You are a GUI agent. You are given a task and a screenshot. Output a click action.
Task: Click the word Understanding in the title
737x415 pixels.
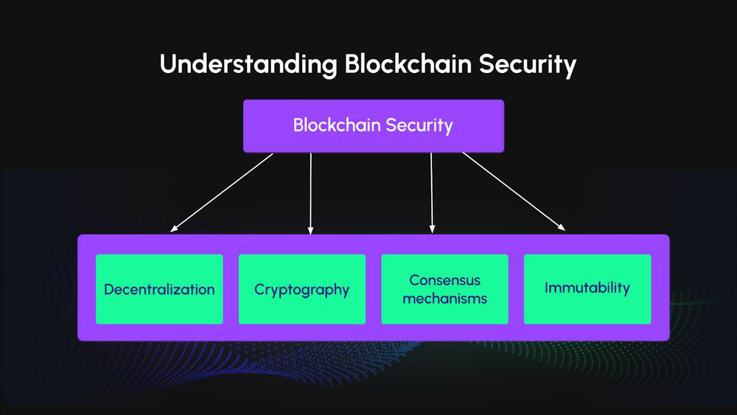click(x=248, y=65)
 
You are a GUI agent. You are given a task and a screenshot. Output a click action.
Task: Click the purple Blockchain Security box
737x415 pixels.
click(x=373, y=125)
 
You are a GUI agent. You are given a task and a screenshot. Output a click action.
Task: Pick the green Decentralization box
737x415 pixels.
click(x=159, y=289)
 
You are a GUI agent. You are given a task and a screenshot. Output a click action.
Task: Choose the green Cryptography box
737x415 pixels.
click(x=301, y=289)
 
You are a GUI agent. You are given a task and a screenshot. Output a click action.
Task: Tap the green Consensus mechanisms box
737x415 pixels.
click(x=444, y=289)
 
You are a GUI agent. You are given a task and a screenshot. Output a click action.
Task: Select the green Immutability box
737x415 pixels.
click(x=587, y=289)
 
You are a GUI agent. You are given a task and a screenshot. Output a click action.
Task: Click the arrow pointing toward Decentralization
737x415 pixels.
click(x=221, y=192)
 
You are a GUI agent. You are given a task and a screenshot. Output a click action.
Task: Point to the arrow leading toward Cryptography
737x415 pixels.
click(x=311, y=193)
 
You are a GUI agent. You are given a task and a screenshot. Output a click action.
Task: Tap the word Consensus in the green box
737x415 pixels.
click(x=445, y=280)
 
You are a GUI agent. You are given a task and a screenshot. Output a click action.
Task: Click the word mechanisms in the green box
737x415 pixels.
click(x=445, y=299)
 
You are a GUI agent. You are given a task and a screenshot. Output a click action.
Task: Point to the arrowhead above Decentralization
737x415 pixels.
click(x=173, y=229)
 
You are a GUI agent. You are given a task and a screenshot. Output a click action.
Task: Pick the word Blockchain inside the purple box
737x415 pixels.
click(x=335, y=125)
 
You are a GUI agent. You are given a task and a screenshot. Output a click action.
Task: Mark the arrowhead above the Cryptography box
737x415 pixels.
click(x=311, y=231)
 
